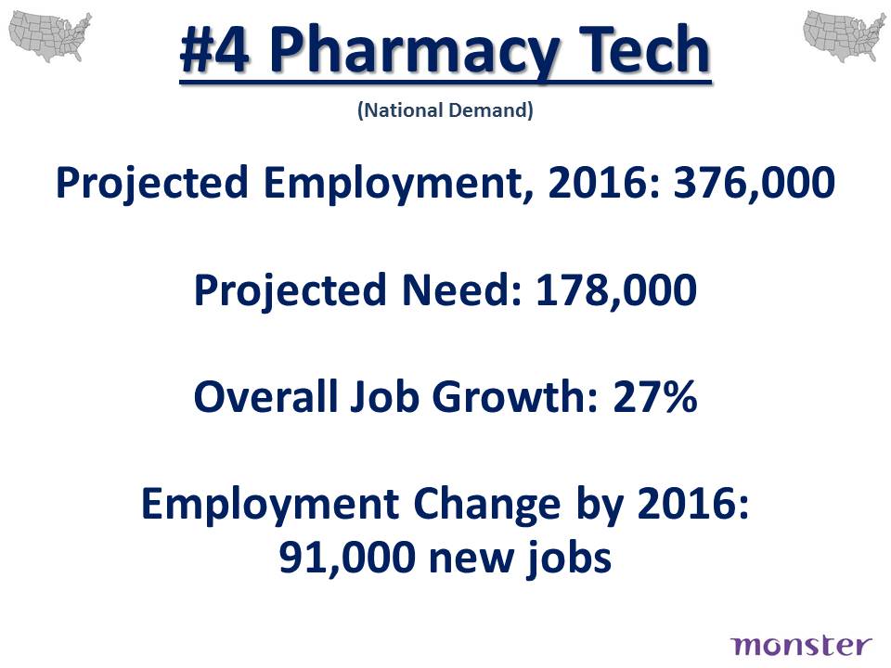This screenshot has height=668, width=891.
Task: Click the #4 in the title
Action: tap(214, 49)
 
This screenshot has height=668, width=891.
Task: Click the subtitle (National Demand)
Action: tap(445, 109)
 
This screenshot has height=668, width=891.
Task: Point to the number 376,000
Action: tap(755, 183)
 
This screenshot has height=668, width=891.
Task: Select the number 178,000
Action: tap(616, 290)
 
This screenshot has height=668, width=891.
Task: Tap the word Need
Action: tap(461, 289)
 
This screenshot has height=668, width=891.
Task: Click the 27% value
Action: tap(654, 396)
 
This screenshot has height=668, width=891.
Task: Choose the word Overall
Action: tap(266, 396)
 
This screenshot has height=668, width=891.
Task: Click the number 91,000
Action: tap(347, 558)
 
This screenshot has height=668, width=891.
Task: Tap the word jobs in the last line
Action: tap(568, 559)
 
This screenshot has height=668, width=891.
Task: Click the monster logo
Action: tap(801, 646)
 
